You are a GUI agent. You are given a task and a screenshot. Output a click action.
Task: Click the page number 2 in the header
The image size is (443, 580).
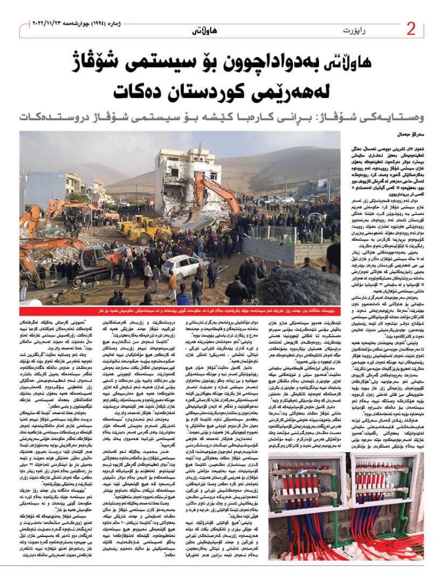click(411, 30)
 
